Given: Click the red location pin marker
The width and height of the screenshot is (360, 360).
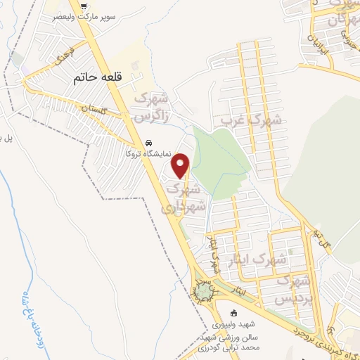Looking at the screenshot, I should [181, 165].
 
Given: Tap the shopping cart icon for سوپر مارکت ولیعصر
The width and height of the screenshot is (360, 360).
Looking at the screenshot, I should [84, 6].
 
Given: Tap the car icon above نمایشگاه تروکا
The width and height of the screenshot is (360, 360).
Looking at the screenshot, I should [148, 141].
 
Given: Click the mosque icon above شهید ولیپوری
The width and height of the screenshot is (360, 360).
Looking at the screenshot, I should [235, 313].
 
